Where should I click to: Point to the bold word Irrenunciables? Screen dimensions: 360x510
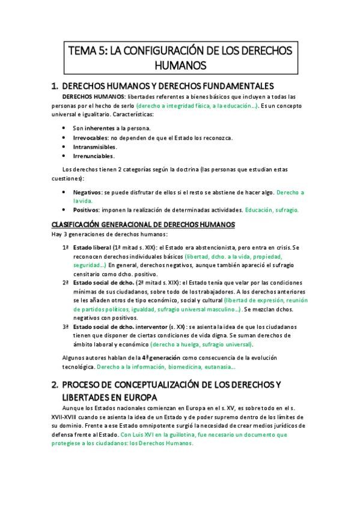(x=93, y=156)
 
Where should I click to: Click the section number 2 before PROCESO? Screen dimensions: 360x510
(x=55, y=384)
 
